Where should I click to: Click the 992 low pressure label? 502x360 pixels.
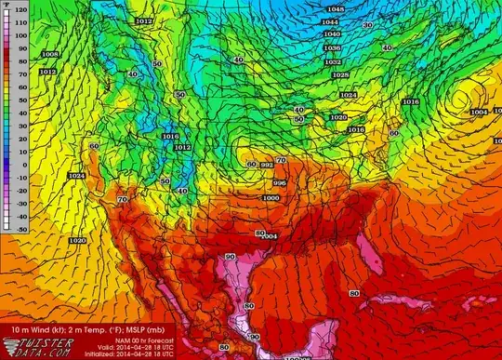[x=267, y=164]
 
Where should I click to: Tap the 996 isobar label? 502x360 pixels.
[x=279, y=182]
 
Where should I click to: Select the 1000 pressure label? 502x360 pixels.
[x=271, y=198]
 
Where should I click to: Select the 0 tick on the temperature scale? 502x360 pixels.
[x=7, y=166]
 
